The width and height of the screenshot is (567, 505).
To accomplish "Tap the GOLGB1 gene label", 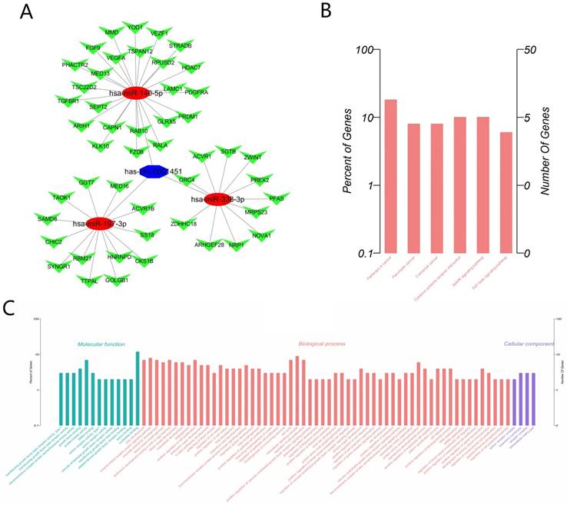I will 117,280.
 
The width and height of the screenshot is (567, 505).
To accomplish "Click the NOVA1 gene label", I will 262,235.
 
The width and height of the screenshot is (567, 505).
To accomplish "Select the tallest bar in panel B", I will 391,176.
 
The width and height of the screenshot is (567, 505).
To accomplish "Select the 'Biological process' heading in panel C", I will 322,344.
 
